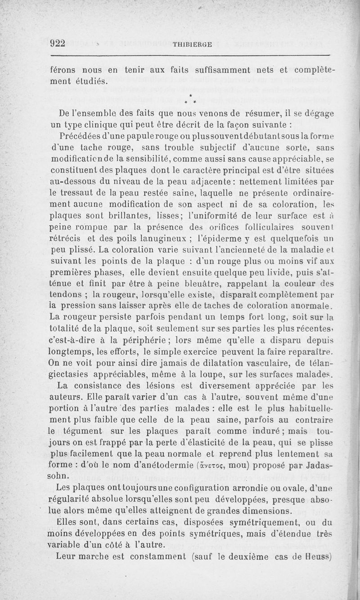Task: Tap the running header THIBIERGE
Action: click(193, 44)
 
